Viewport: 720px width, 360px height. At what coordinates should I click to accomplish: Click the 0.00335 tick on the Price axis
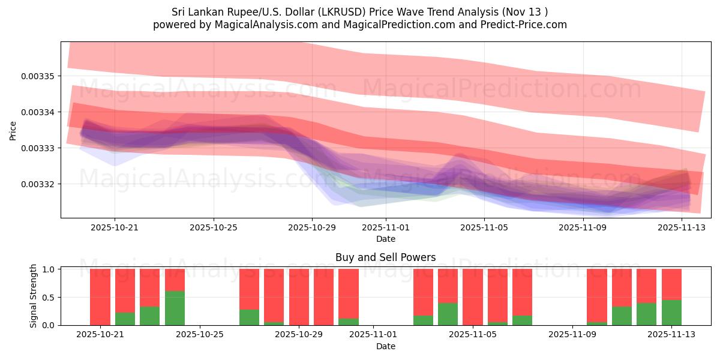pos(38,76)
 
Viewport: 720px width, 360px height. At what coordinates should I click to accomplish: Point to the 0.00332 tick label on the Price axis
pos(38,184)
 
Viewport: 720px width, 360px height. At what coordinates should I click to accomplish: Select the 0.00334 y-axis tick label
pos(38,112)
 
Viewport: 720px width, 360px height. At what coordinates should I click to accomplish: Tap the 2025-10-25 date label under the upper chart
pos(214,227)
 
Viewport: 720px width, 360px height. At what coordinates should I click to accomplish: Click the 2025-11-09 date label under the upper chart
pos(583,227)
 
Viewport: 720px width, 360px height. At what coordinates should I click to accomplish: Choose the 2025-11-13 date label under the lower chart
pos(671,335)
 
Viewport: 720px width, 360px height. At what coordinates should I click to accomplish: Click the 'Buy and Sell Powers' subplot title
pos(385,257)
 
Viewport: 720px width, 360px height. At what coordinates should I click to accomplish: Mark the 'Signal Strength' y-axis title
pos(34,296)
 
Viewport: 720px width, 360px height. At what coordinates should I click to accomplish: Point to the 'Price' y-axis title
pos(13,130)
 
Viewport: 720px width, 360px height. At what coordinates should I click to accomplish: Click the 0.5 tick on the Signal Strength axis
pos(50,298)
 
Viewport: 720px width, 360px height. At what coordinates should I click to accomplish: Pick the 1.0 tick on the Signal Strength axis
pos(50,269)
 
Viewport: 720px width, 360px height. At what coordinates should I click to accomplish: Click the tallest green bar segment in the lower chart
pos(175,308)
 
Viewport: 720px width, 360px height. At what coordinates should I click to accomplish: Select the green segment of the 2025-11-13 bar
pos(671,313)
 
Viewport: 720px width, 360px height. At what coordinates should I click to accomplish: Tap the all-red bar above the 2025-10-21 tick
pos(100,297)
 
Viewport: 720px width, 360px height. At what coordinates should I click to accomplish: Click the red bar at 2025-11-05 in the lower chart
pos(473,297)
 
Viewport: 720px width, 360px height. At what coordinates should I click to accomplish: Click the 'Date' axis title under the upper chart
pos(385,239)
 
